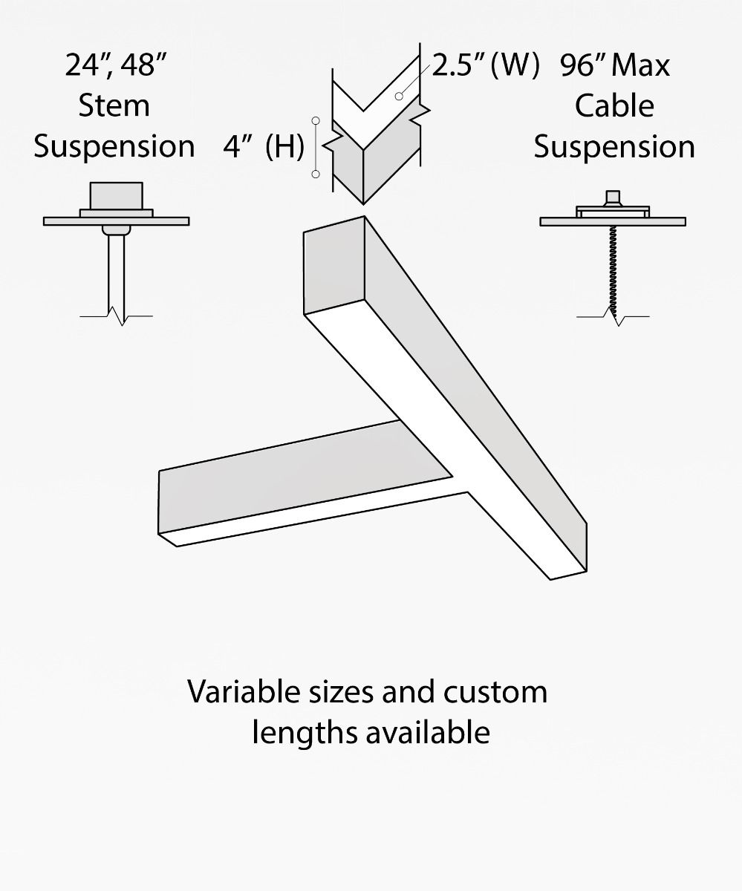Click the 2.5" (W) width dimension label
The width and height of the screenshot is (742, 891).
pyautogui.click(x=485, y=65)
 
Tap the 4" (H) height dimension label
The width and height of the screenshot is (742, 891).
pyautogui.click(x=263, y=147)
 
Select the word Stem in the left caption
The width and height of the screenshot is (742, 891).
pyautogui.click(x=114, y=105)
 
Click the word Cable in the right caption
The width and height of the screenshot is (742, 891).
pyautogui.click(x=614, y=105)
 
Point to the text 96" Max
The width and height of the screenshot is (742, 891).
pyautogui.click(x=615, y=65)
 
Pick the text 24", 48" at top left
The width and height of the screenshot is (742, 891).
pyautogui.click(x=114, y=65)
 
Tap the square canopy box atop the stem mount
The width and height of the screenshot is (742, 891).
pyautogui.click(x=115, y=196)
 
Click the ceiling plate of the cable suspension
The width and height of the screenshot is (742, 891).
pyautogui.click(x=613, y=221)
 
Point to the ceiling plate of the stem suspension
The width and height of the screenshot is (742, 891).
pyautogui.click(x=116, y=221)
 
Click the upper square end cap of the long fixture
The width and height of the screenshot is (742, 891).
pyautogui.click(x=333, y=266)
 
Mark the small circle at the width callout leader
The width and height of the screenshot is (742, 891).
pyautogui.click(x=399, y=97)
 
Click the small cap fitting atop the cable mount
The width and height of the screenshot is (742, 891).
pyautogui.click(x=613, y=198)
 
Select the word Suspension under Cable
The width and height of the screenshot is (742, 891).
pyautogui.click(x=614, y=146)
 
